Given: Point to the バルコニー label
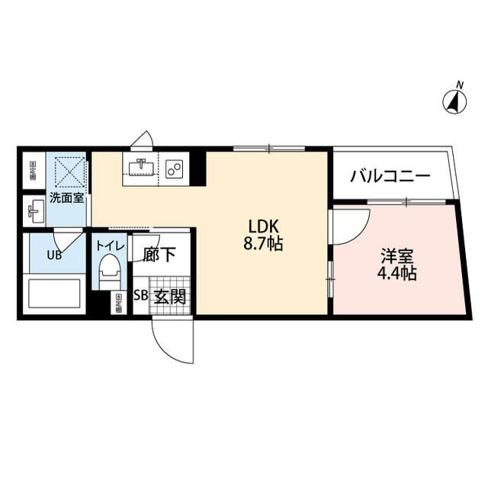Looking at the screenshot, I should [390, 177].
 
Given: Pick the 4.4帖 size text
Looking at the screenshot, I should [396, 274].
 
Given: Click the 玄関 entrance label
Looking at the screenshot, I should [169, 297].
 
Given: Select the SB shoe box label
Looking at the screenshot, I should [141, 297].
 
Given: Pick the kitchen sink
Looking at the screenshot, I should [141, 167].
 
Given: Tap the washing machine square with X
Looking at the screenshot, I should [66, 172].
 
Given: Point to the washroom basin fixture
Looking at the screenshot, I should [35, 207].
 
